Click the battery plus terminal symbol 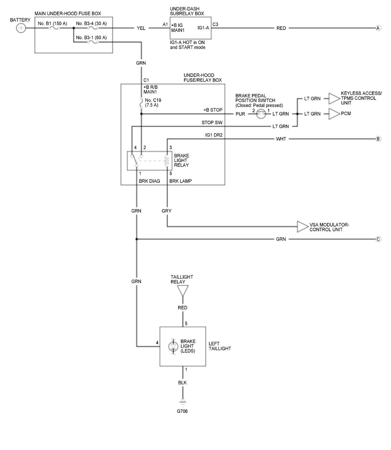pyautogui.click(x=21, y=28)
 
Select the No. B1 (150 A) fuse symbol pyautogui.click(x=54, y=28)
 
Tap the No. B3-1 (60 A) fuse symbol pyautogui.click(x=93, y=42)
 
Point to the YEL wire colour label pyautogui.click(x=141, y=28)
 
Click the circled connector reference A pyautogui.click(x=378, y=28)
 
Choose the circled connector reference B pyautogui.click(x=378, y=139)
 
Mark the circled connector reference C pyautogui.click(x=378, y=239)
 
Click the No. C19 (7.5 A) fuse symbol pyautogui.click(x=141, y=103)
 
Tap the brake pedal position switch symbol pyautogui.click(x=261, y=114)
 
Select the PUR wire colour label pyautogui.click(x=240, y=114)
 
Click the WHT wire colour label pyautogui.click(x=281, y=139)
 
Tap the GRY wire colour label pyautogui.click(x=167, y=211)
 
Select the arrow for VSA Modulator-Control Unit pyautogui.click(x=303, y=227)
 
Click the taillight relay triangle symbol pyautogui.click(x=183, y=291)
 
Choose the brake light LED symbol pyautogui.click(x=173, y=346)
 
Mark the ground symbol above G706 pyautogui.click(x=182, y=402)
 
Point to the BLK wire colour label pyautogui.click(x=182, y=383)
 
